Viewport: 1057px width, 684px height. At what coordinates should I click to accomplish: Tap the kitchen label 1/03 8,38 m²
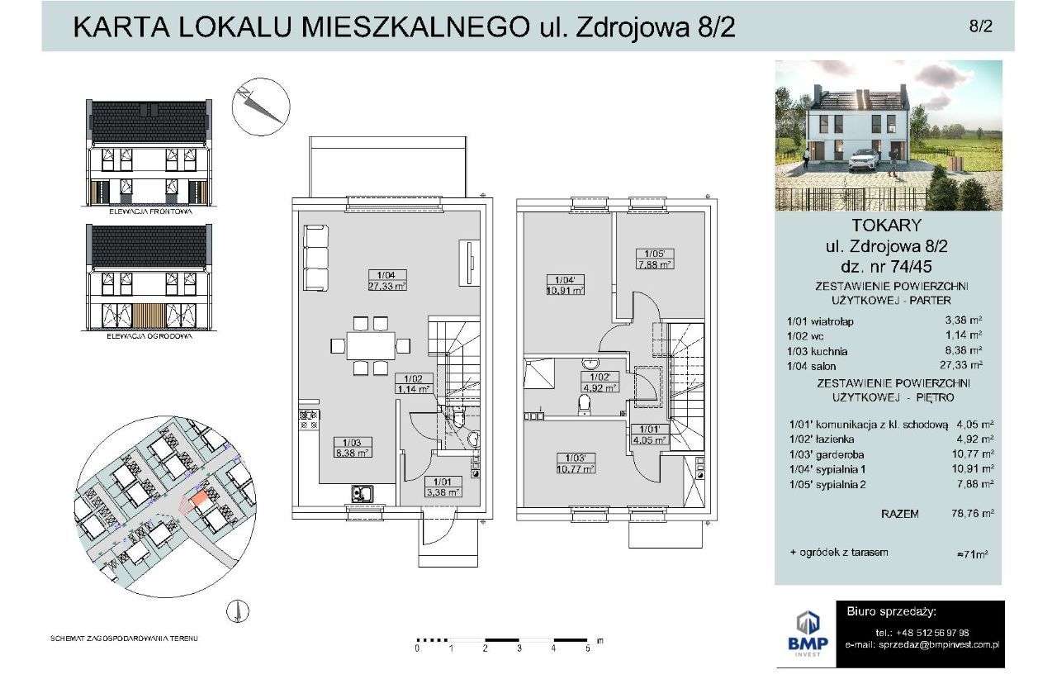tap(351, 447)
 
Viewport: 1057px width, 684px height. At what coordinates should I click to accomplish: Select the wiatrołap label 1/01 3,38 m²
tap(443, 487)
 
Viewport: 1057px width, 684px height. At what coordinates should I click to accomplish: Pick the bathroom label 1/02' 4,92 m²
tap(599, 382)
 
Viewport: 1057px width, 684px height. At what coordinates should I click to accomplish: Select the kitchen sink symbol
tap(362, 494)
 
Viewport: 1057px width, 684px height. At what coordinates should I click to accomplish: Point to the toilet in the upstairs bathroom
tap(585, 403)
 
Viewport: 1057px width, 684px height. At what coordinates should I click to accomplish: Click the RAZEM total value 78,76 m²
tap(974, 513)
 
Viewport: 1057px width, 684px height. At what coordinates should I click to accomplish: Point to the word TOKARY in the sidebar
tap(887, 224)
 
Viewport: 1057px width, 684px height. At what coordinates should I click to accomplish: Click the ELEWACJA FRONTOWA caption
tap(150, 211)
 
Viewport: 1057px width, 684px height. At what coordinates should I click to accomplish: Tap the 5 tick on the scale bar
tap(587, 649)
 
